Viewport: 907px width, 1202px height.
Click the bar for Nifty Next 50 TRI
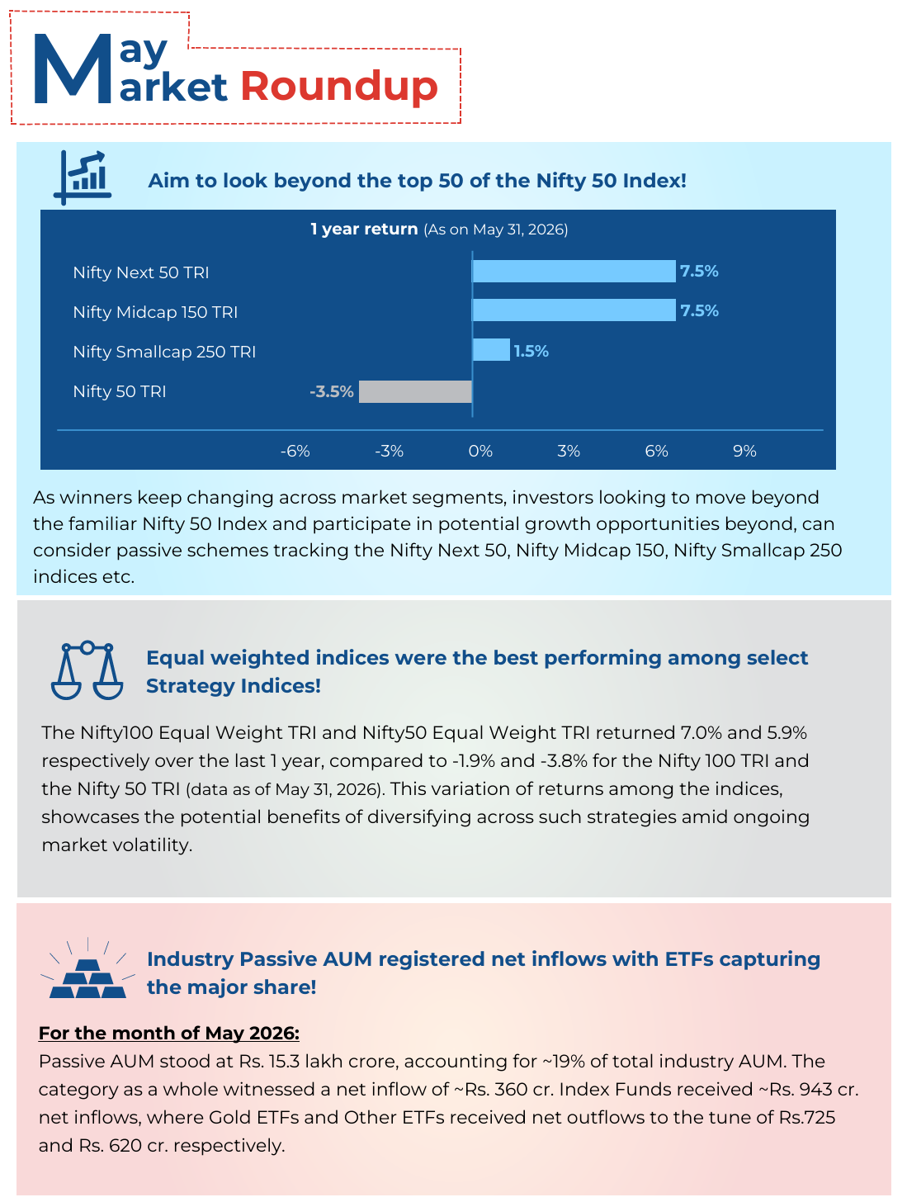tap(573, 271)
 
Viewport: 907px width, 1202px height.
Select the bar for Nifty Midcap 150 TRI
tap(573, 310)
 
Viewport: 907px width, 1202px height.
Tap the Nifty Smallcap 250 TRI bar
tap(490, 349)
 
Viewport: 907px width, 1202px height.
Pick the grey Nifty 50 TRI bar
tap(415, 391)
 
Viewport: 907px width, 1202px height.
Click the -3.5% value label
tap(331, 391)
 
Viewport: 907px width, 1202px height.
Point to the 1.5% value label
tap(531, 351)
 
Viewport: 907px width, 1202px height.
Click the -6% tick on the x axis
tap(295, 451)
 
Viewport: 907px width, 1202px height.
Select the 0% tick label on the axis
tap(480, 451)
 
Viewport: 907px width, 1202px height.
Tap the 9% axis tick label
tap(744, 451)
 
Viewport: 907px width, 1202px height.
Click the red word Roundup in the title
tap(339, 87)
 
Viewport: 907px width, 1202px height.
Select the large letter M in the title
tap(73, 69)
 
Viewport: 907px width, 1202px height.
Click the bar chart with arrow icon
tap(82, 177)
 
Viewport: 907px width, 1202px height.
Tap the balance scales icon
tap(87, 670)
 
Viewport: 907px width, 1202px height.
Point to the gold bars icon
tap(87, 968)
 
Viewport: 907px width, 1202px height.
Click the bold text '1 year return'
tap(364, 229)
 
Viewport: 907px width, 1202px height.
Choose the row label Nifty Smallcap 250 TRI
tap(164, 352)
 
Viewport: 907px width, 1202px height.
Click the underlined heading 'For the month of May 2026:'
tap(168, 1033)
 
